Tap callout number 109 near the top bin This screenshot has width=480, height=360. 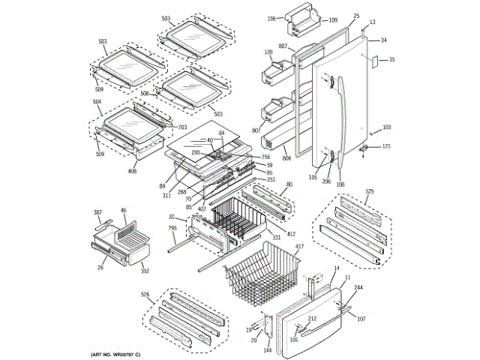333,20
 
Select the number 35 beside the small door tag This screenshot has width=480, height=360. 391,59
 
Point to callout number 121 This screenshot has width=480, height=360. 387,146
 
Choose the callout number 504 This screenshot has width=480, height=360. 97,101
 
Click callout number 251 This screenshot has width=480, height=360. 271,179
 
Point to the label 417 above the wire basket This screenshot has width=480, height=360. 299,247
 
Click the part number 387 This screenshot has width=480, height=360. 97,213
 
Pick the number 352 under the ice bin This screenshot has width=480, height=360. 145,271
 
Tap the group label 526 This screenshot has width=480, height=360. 145,294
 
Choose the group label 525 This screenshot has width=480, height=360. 368,192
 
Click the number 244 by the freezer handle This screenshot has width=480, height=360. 358,289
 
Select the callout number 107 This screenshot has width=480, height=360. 361,319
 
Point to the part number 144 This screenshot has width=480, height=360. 267,350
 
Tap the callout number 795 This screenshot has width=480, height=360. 172,228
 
